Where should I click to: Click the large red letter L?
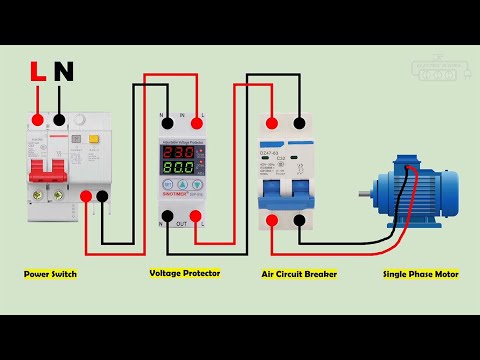click(37, 72)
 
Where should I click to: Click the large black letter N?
click(63, 72)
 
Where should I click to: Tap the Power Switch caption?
click(50, 273)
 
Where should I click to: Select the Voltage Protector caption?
click(185, 273)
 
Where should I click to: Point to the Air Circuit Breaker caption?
click(299, 273)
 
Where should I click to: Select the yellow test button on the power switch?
click(94, 140)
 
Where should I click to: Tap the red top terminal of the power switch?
click(37, 120)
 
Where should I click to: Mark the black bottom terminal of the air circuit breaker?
click(299, 219)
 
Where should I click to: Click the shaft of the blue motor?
click(367, 192)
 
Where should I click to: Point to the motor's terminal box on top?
click(407, 164)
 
